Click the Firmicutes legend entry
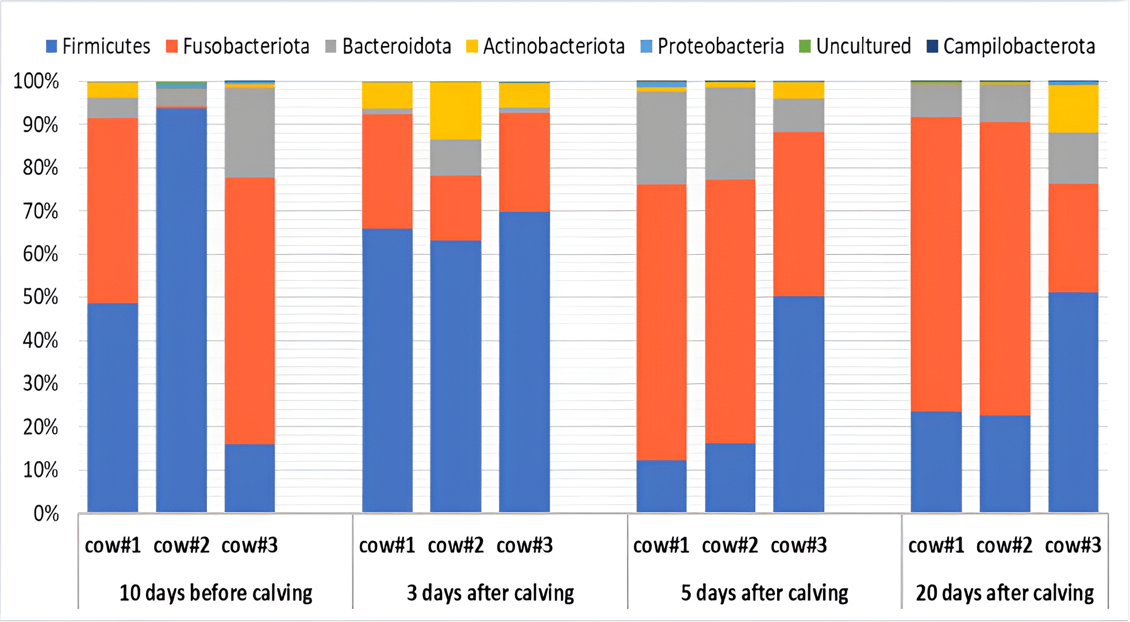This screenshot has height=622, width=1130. (x=98, y=47)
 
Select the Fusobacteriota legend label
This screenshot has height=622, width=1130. (x=237, y=47)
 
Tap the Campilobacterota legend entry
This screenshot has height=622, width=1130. (x=1011, y=47)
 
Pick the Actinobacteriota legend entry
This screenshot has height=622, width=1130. (x=545, y=47)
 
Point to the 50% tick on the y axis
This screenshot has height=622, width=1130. (x=40, y=298)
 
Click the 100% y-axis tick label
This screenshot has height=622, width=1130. (x=36, y=82)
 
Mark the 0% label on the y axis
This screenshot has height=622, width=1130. (x=46, y=513)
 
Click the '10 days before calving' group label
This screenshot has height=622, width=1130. (x=216, y=593)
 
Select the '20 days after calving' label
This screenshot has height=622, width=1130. (x=1005, y=593)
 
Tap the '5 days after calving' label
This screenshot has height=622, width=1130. (x=764, y=593)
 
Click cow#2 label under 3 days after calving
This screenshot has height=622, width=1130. (x=456, y=545)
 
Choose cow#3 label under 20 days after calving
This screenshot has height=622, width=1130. (x=1073, y=545)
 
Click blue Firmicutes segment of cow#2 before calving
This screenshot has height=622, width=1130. (x=181, y=310)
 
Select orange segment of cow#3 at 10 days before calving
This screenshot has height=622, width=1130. (x=249, y=310)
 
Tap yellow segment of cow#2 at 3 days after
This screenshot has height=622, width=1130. (x=456, y=111)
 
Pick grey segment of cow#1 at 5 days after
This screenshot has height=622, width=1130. (x=661, y=138)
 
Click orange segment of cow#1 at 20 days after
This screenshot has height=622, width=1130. (x=936, y=264)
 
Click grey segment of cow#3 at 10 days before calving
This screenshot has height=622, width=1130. (x=249, y=132)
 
